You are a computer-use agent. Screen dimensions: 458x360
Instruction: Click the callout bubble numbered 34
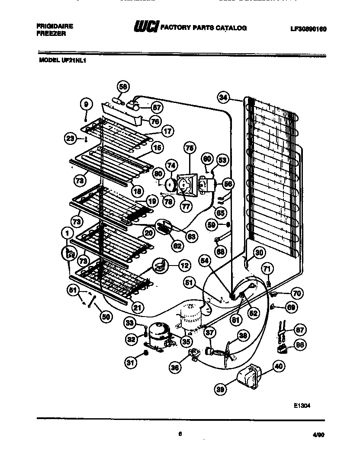coord(223,98)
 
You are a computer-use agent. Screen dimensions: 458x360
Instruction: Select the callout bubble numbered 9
coord(86,104)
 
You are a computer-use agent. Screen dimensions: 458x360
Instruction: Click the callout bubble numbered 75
coord(189,147)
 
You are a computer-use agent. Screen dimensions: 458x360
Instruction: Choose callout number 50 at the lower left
coord(106,317)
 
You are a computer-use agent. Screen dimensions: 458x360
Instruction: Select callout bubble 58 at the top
coord(123,87)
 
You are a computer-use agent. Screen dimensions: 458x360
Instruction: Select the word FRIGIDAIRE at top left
coord(55,26)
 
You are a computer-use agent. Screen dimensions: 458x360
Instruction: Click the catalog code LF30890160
coord(308,29)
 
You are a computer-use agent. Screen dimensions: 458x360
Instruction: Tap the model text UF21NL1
coord(63,61)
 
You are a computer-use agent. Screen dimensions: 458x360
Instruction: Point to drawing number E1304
coord(302,406)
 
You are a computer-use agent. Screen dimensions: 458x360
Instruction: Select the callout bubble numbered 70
coord(296,294)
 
